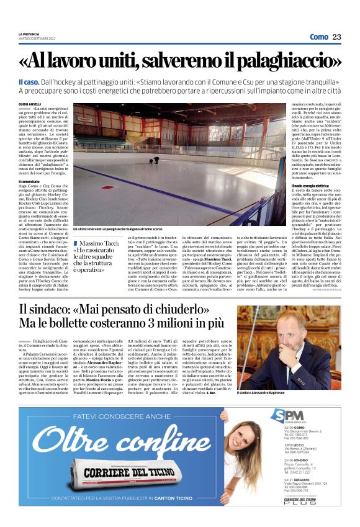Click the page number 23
(337, 37)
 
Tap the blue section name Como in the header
(318, 37)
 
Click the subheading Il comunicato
(32, 181)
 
